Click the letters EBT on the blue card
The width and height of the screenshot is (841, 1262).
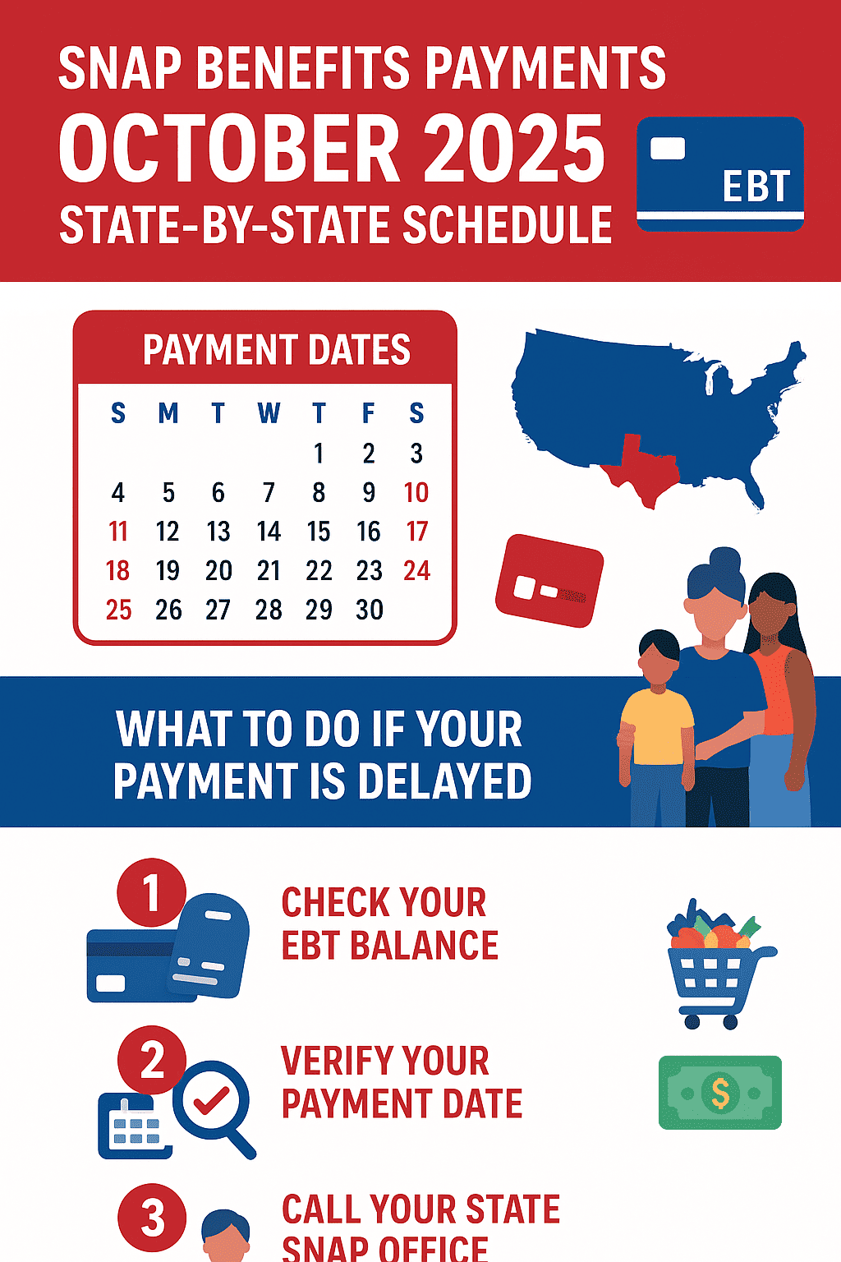point(756,187)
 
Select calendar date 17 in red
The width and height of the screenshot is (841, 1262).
point(417,532)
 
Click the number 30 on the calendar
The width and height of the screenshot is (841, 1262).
point(370,610)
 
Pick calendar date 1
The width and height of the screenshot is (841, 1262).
point(319,453)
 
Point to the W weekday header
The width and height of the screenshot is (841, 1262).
point(269,413)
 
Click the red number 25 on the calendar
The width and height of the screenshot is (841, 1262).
point(118,610)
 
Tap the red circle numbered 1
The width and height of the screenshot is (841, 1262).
point(151,892)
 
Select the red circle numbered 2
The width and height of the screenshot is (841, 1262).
point(151,1060)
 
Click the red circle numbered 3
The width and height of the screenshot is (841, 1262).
point(151,1217)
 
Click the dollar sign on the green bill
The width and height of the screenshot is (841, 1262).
point(720,1093)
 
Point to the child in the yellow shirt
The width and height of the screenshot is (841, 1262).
point(656,728)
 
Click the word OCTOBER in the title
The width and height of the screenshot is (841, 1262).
point(230,149)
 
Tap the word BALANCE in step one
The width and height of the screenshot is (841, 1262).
point(424,945)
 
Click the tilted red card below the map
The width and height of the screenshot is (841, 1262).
point(549,580)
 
